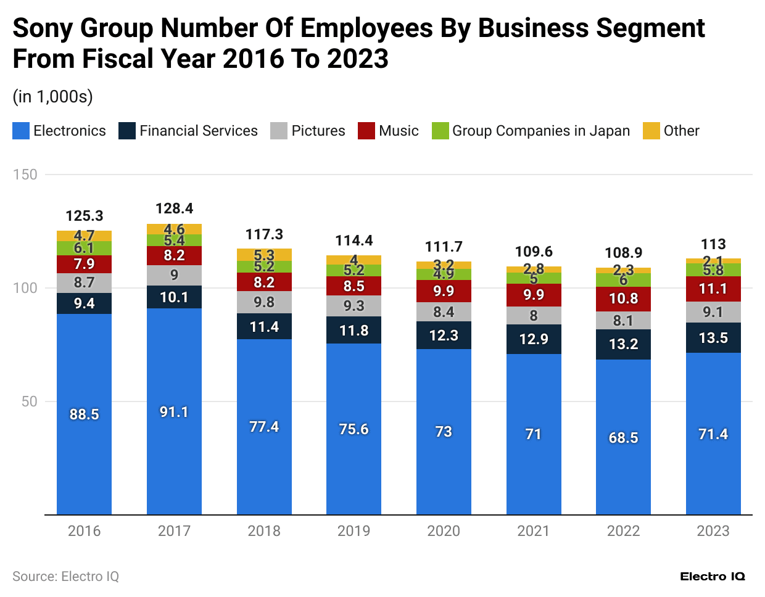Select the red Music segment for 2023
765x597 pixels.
[x=713, y=289]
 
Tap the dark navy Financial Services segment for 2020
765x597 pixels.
[x=444, y=335]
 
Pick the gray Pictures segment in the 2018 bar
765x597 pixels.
[x=264, y=302]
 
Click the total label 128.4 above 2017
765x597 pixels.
[x=174, y=208]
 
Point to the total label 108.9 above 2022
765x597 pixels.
[x=623, y=253]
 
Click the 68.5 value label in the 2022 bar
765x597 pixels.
[x=623, y=437]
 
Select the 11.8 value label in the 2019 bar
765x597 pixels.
[x=354, y=331]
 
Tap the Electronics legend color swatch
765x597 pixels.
[x=21, y=131]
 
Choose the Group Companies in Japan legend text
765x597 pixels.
[x=541, y=131]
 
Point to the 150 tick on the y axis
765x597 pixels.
[x=25, y=175]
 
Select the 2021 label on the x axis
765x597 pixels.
[x=533, y=531]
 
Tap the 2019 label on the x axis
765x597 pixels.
[x=354, y=531]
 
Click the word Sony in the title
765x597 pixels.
[x=42, y=28]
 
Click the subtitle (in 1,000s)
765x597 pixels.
[x=52, y=96]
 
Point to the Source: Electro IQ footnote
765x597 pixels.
[x=65, y=576]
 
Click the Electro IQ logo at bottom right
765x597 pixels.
[x=713, y=576]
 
